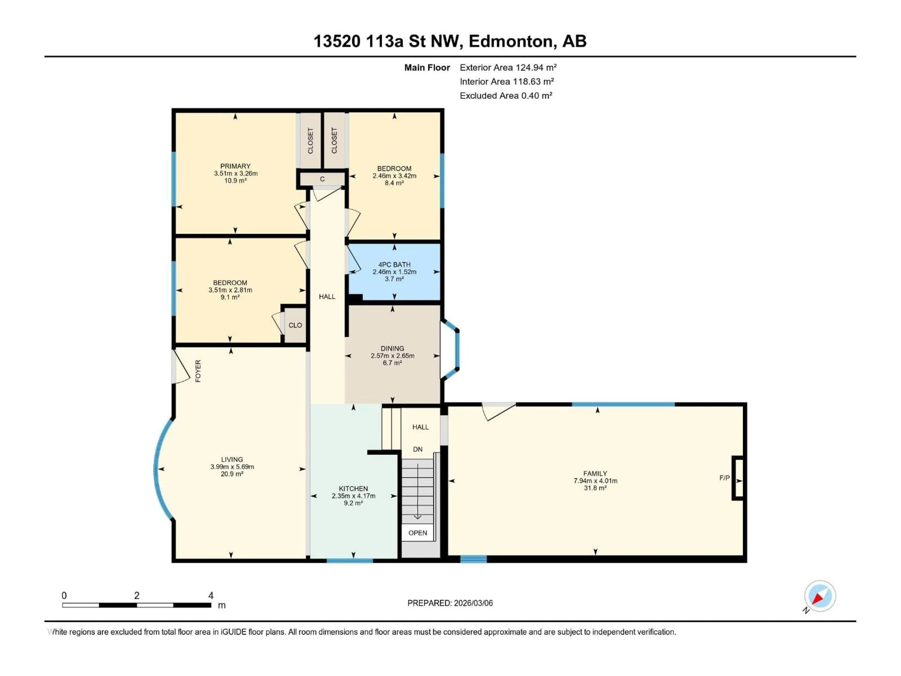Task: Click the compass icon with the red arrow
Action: [820, 596]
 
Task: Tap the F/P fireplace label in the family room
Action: [724, 478]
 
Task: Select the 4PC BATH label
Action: [394, 265]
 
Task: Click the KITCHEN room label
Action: [353, 488]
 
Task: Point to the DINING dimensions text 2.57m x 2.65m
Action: [392, 356]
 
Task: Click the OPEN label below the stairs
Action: [417, 533]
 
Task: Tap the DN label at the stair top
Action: [417, 449]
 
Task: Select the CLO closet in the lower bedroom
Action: [295, 325]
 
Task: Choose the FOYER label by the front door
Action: [198, 371]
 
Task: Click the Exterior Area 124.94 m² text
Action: [508, 68]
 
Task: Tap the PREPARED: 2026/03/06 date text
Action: [450, 603]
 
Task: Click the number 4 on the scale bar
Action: [211, 595]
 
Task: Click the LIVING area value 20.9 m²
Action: [232, 474]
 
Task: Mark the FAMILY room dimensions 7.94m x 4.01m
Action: [595, 481]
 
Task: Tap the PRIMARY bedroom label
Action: [235, 166]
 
